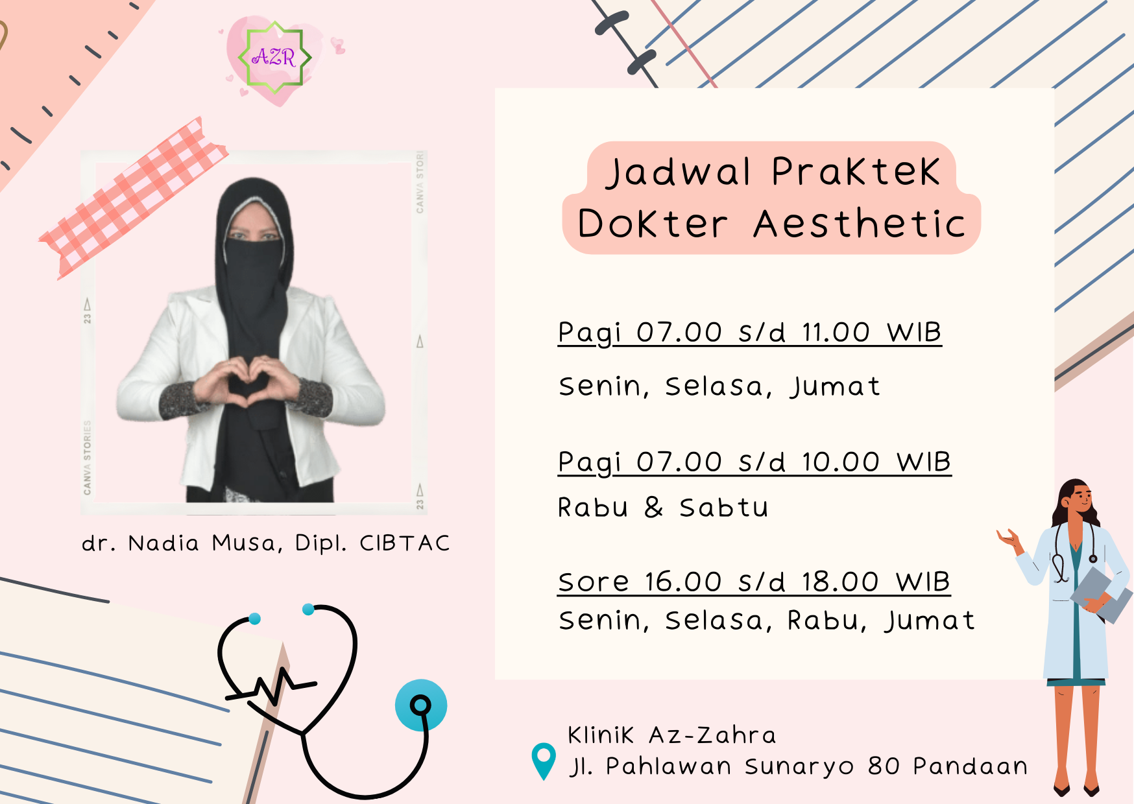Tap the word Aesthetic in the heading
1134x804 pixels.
tap(860, 224)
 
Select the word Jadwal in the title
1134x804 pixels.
tap(679, 172)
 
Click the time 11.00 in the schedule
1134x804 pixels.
tap(836, 333)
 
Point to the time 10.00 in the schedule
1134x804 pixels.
tap(840, 462)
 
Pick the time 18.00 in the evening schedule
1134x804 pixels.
tap(840, 582)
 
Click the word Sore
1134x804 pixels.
tap(594, 582)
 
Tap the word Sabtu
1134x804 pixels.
tap(724, 507)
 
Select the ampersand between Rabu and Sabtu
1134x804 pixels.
tap(654, 507)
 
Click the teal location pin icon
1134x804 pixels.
tap(544, 760)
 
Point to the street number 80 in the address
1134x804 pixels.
tap(884, 766)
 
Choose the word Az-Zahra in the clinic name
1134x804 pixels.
tap(712, 735)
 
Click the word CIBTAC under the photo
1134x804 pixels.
tap(405, 543)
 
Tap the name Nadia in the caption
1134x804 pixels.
tap(163, 543)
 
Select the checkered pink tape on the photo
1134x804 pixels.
tap(133, 198)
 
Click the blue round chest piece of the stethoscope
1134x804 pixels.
tap(421, 705)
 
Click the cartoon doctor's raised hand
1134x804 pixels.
tap(1009, 538)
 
